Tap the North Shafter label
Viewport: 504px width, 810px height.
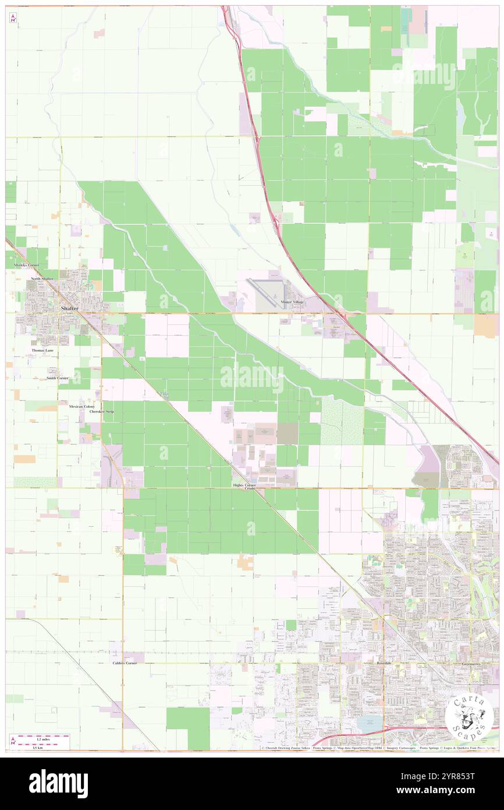(x=42, y=279)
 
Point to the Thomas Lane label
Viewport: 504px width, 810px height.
(x=42, y=350)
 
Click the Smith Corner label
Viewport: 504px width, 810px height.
(x=58, y=378)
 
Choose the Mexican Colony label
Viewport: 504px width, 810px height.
(x=81, y=406)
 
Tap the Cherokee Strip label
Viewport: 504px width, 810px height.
(x=102, y=411)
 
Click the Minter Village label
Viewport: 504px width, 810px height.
(x=293, y=302)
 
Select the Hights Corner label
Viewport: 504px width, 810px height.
(x=244, y=485)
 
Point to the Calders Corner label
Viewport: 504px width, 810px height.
(x=125, y=663)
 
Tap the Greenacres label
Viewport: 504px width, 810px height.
(x=471, y=663)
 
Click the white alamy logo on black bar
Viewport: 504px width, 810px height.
(x=58, y=784)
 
